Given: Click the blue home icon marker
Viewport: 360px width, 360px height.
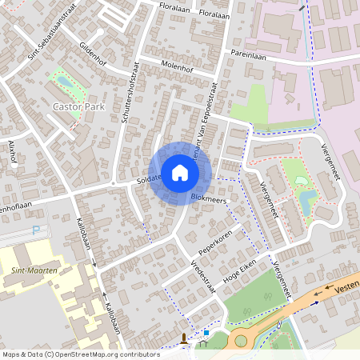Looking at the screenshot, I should (x=180, y=172).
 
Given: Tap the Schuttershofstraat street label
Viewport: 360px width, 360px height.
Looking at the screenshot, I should (x=130, y=92).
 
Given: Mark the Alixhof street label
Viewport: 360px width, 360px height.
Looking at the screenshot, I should (x=11, y=150).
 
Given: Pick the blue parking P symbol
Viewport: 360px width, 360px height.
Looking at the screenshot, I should (x=35, y=230).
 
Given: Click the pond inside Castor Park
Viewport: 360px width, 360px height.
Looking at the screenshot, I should (x=62, y=81).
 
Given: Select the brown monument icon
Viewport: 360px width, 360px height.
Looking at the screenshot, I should (x=186, y=338).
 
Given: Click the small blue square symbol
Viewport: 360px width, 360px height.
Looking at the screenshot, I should (x=206, y=333).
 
